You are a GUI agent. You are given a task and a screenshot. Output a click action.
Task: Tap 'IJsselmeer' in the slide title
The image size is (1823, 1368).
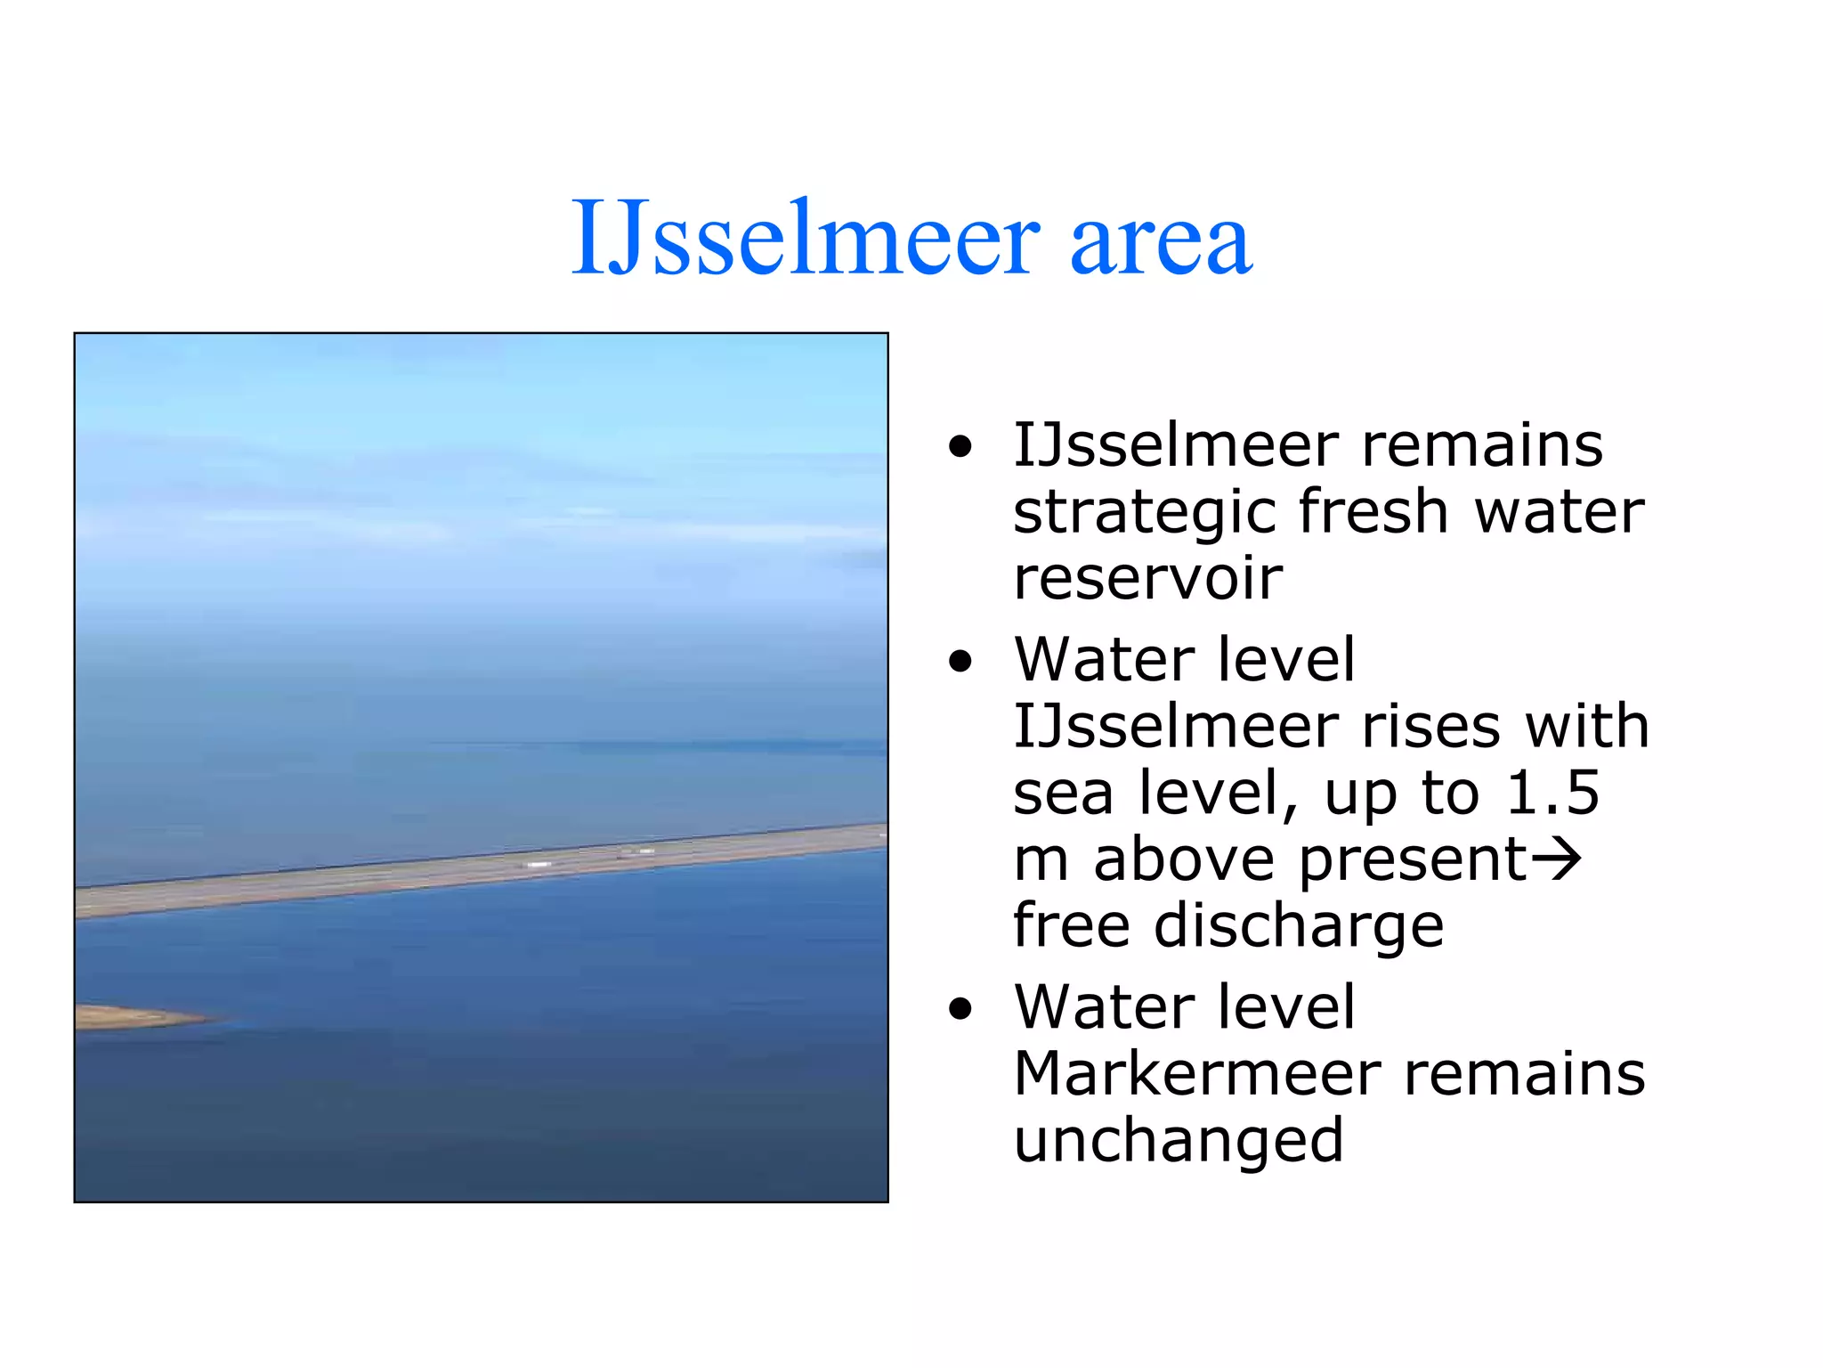point(805,239)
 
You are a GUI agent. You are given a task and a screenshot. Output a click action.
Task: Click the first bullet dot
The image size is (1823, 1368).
point(960,446)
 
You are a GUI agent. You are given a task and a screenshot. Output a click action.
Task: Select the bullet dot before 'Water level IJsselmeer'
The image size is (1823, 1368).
point(960,661)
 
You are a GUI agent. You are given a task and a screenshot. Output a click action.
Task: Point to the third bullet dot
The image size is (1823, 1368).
point(960,1008)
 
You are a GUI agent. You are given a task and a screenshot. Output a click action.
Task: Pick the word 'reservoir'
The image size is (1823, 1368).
point(1148,579)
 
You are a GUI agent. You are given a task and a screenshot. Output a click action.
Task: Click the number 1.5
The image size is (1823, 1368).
point(1552,792)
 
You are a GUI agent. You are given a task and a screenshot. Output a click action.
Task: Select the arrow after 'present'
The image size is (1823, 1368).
point(1556,859)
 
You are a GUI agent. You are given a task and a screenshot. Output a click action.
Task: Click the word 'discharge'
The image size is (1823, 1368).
point(1299,926)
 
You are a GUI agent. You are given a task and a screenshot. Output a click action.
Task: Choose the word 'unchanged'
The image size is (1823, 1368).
point(1178,1141)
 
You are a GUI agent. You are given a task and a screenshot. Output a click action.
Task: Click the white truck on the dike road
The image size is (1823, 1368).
point(539,864)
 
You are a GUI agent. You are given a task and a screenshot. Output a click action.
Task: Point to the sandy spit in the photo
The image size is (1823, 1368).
point(134,1016)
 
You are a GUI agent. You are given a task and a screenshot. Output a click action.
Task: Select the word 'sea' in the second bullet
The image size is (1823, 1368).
point(1063,793)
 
